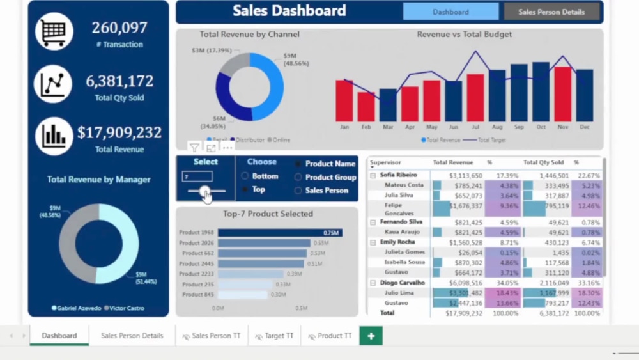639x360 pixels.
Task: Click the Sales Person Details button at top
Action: click(x=551, y=12)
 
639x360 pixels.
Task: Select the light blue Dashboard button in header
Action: click(x=450, y=12)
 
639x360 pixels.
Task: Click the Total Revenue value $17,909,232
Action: click(x=119, y=132)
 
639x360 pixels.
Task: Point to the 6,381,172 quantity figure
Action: click(x=119, y=81)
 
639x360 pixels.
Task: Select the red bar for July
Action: click(x=475, y=98)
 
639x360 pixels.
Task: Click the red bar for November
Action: click(x=562, y=94)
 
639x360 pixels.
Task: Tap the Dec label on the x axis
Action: click(x=585, y=127)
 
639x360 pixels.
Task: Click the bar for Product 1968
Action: click(x=279, y=233)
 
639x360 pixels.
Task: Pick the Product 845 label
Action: click(x=197, y=295)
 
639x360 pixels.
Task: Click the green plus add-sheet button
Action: click(x=371, y=336)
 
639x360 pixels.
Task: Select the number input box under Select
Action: click(x=197, y=176)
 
